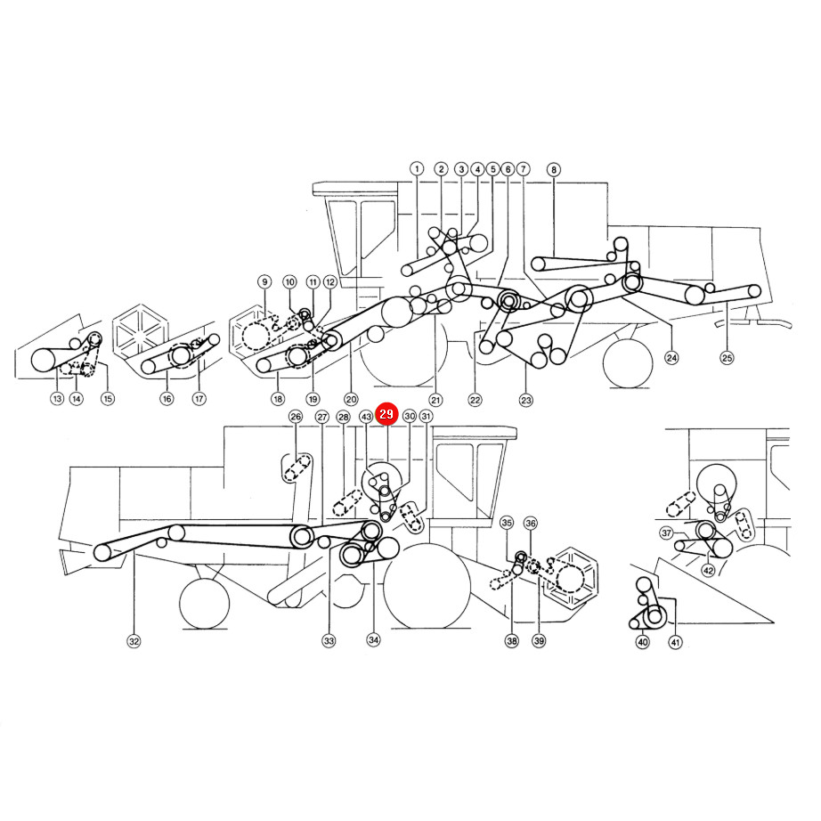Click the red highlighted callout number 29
point(386,414)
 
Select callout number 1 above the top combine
point(417,168)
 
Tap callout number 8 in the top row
point(554,169)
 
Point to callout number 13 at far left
point(57,398)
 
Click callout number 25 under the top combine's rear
point(727,358)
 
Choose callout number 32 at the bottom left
point(134,641)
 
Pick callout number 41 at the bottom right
point(676,642)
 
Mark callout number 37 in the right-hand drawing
point(666,533)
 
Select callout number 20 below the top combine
point(351,399)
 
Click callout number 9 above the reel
point(265,281)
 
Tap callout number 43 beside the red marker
point(366,416)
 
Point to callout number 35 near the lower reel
point(507,523)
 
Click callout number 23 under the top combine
point(525,400)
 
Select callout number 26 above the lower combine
point(296,416)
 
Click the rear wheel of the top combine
point(628,363)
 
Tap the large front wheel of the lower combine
point(427,586)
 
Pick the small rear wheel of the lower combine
point(204,604)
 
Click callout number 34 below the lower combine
point(373,640)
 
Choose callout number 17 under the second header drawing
point(199,398)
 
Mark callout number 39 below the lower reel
point(539,640)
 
